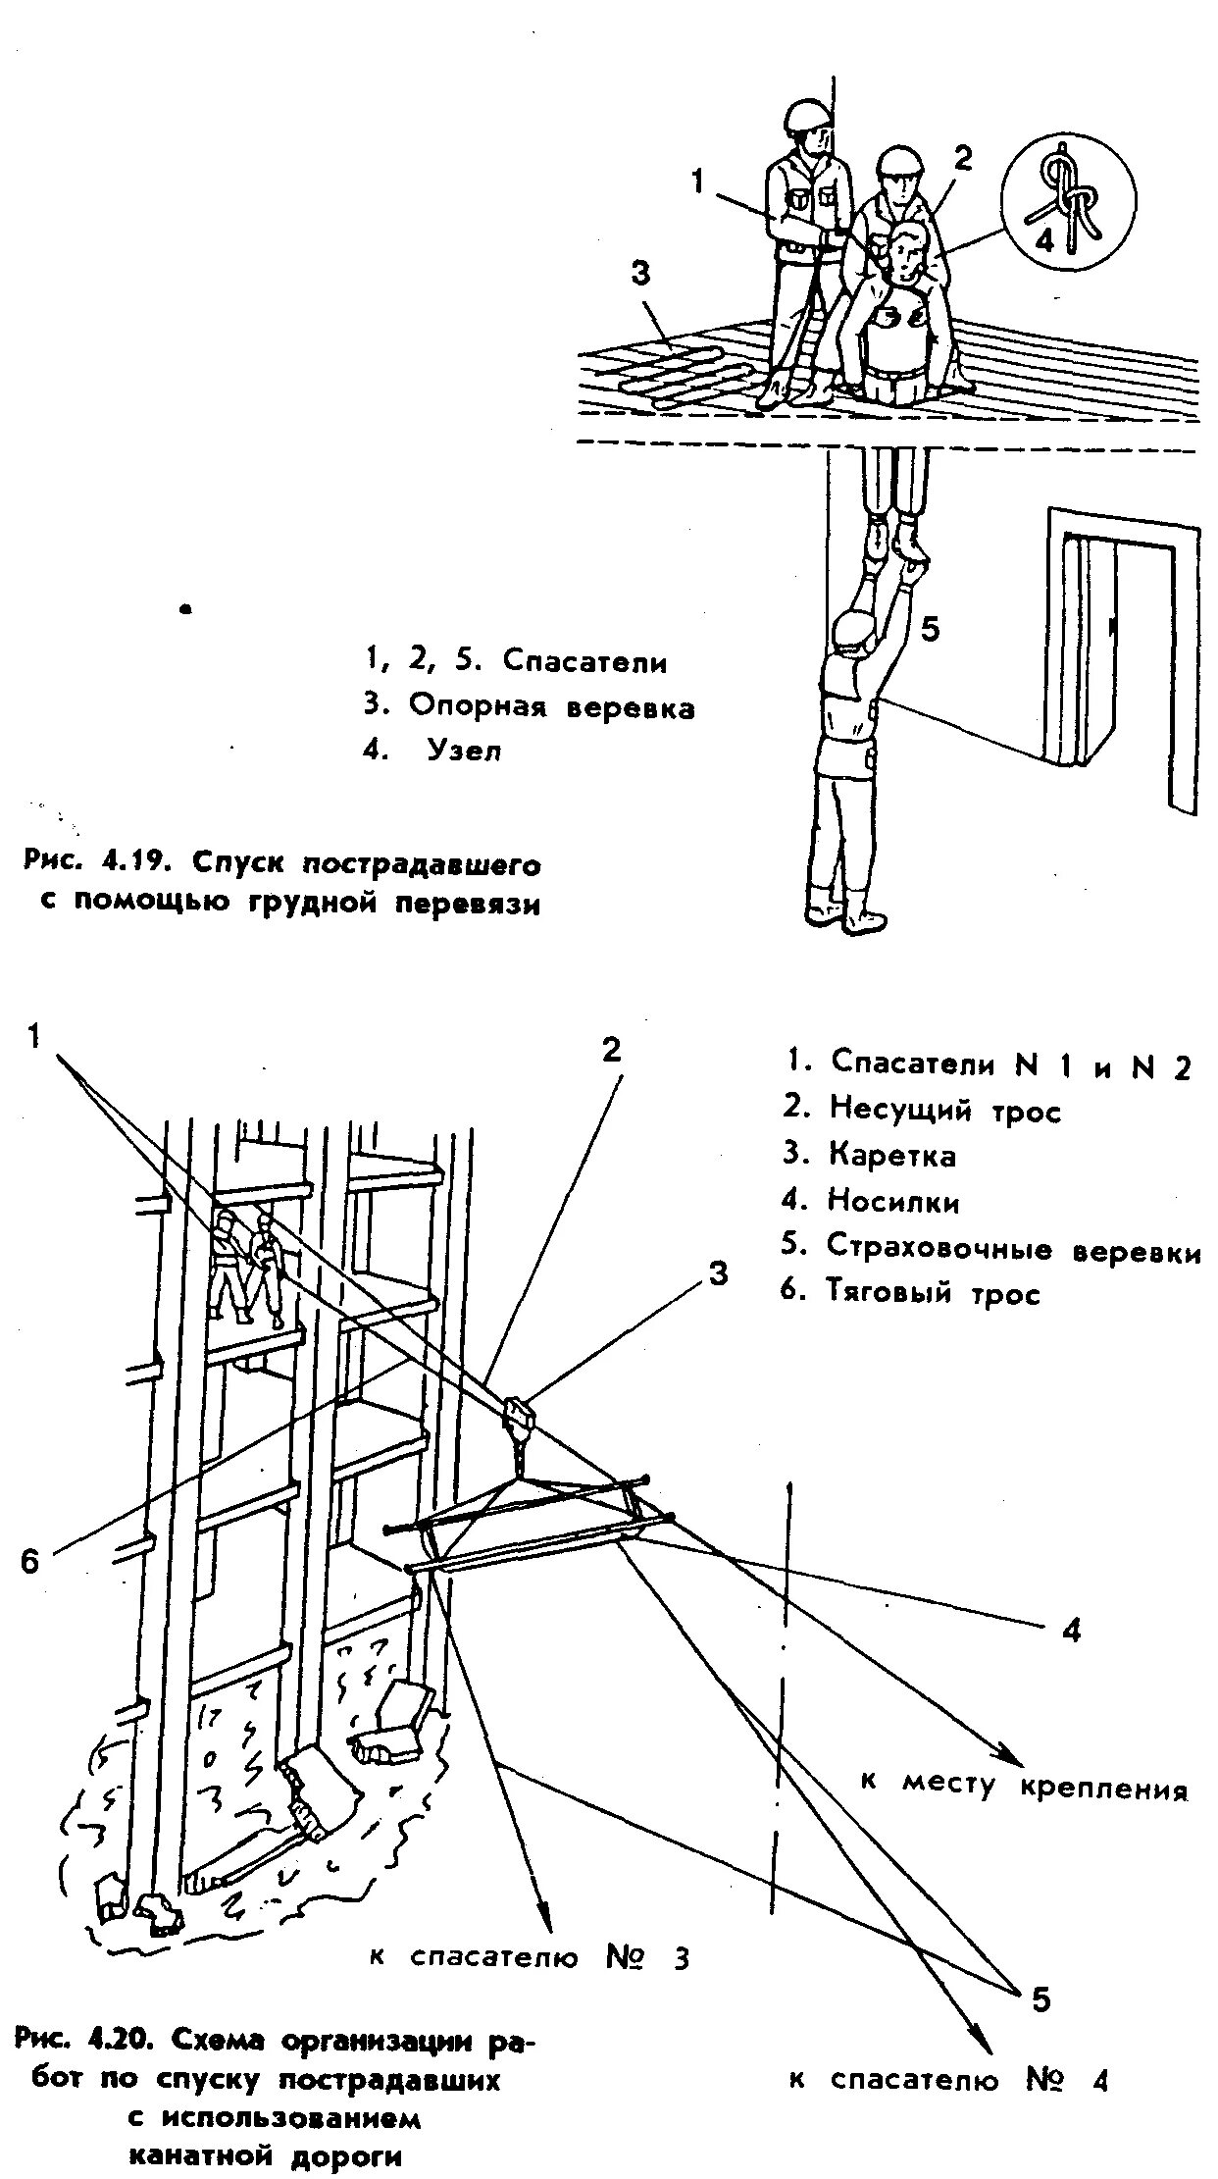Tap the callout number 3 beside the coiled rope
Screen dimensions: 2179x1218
(x=640, y=274)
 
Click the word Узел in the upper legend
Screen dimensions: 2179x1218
(x=464, y=752)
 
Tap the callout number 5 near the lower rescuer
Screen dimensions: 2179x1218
(x=930, y=628)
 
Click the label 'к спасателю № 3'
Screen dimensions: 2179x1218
(x=530, y=1957)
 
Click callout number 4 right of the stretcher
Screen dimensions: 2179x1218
(x=1071, y=1630)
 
